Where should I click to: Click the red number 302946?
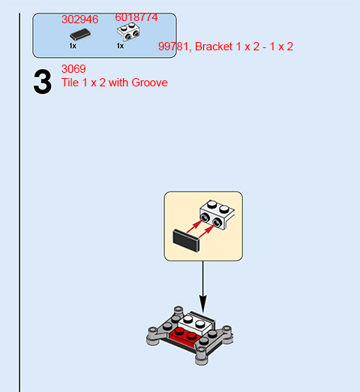pos(80,20)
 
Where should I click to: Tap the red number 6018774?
pos(136,17)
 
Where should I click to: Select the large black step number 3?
pos(43,82)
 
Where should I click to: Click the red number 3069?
pos(73,69)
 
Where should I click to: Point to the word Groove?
pos(149,83)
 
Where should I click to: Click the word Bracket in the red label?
pos(214,47)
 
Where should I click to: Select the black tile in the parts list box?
pos(80,35)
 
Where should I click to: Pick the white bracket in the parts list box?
pos(128,32)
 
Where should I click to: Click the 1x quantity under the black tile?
pos(73,46)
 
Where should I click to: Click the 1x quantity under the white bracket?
pos(120,46)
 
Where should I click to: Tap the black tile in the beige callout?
pos(186,240)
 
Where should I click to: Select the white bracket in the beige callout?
pos(217,215)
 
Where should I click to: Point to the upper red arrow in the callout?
pos(194,227)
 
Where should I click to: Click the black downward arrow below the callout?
pos(203,287)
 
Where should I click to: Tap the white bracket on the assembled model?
pos(195,323)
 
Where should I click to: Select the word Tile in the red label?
pos(70,83)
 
